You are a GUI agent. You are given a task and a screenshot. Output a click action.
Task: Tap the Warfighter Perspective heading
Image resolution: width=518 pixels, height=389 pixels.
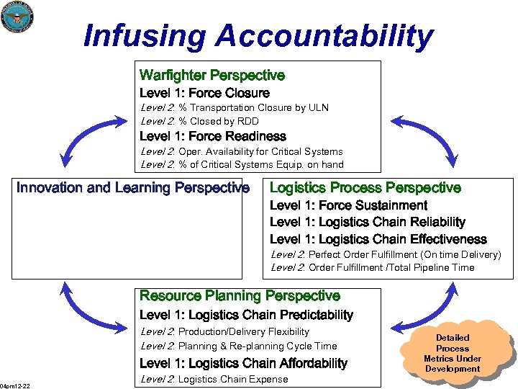click(212, 75)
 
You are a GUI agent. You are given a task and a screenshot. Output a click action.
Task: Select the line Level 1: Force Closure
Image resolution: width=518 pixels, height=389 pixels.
click(204, 93)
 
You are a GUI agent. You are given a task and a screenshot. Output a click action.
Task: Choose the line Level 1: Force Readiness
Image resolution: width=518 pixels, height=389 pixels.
click(212, 136)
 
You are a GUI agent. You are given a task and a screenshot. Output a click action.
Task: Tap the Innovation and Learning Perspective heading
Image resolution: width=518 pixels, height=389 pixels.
click(133, 188)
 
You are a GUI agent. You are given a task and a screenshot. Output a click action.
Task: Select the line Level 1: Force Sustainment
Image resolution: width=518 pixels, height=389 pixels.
click(348, 205)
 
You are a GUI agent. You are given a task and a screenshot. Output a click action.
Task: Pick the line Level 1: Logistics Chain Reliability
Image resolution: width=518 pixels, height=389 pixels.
click(367, 222)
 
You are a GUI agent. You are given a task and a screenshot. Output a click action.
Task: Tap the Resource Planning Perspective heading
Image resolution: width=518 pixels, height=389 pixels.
click(240, 295)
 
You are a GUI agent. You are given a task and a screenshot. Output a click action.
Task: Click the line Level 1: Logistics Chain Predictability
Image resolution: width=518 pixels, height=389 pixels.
click(246, 315)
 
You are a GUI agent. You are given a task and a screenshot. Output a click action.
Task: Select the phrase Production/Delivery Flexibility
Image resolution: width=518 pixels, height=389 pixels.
click(243, 331)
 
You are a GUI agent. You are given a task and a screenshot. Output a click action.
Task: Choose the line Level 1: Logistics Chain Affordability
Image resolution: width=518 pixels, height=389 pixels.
click(243, 363)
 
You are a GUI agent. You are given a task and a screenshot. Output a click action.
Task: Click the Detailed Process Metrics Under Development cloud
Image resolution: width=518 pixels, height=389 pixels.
click(453, 353)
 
